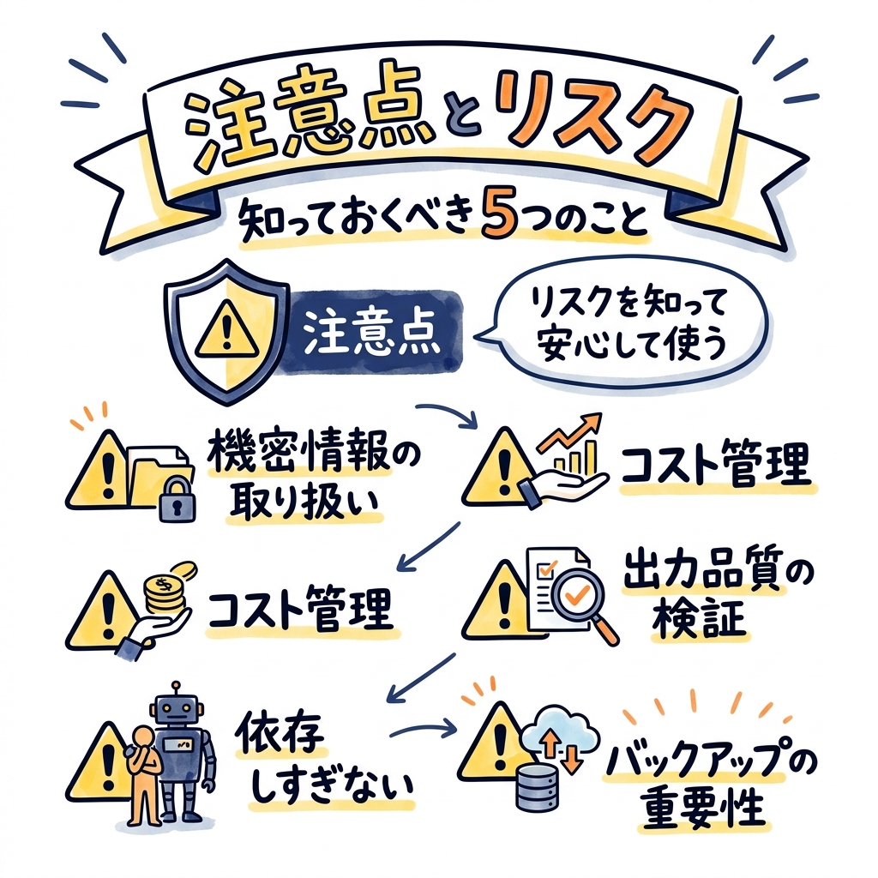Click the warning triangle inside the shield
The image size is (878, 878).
point(226,329)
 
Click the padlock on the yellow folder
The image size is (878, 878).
point(177,499)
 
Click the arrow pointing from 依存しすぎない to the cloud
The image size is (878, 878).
point(424,727)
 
